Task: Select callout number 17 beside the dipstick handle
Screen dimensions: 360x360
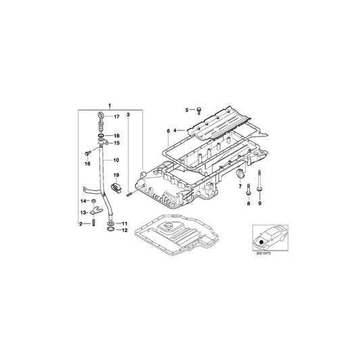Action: (116, 117)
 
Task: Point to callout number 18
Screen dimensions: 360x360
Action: (116, 136)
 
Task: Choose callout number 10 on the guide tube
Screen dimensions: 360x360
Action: (116, 160)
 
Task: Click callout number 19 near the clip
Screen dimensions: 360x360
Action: (115, 176)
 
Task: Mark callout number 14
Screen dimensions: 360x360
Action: (84, 201)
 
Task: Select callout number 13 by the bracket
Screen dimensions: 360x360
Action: (84, 212)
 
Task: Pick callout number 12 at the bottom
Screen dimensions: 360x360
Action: (124, 230)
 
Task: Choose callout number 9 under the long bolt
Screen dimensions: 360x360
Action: (259, 203)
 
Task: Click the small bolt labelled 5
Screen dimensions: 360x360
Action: (200, 109)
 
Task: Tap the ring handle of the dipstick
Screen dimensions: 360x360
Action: (99, 118)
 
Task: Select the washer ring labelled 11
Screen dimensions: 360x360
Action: (111, 222)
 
